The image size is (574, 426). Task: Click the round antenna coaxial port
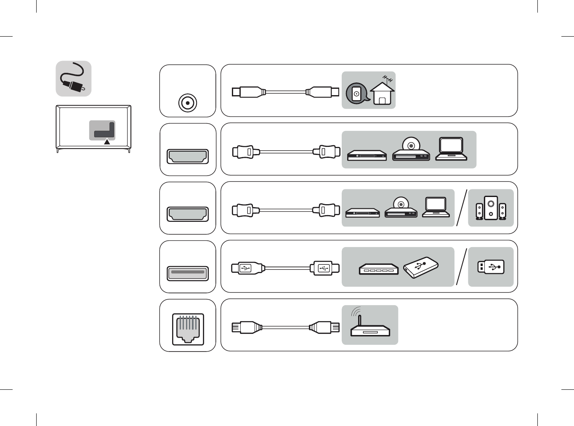pos(187,103)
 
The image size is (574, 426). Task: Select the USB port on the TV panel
pos(188,273)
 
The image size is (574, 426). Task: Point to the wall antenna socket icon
pos(356,93)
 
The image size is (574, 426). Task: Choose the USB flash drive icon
pos(491,267)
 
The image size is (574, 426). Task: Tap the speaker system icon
pos(491,208)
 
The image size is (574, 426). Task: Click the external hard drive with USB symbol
pos(421,267)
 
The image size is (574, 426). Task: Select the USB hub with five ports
pos(378,269)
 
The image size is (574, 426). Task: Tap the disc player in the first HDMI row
pos(411,150)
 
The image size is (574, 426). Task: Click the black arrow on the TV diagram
pos(107,142)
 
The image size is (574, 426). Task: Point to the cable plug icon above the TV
pos(74,79)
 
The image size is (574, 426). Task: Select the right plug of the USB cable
pos(324,268)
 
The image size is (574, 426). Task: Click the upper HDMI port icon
pos(188,156)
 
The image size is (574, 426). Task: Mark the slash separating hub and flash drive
pos(461,267)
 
